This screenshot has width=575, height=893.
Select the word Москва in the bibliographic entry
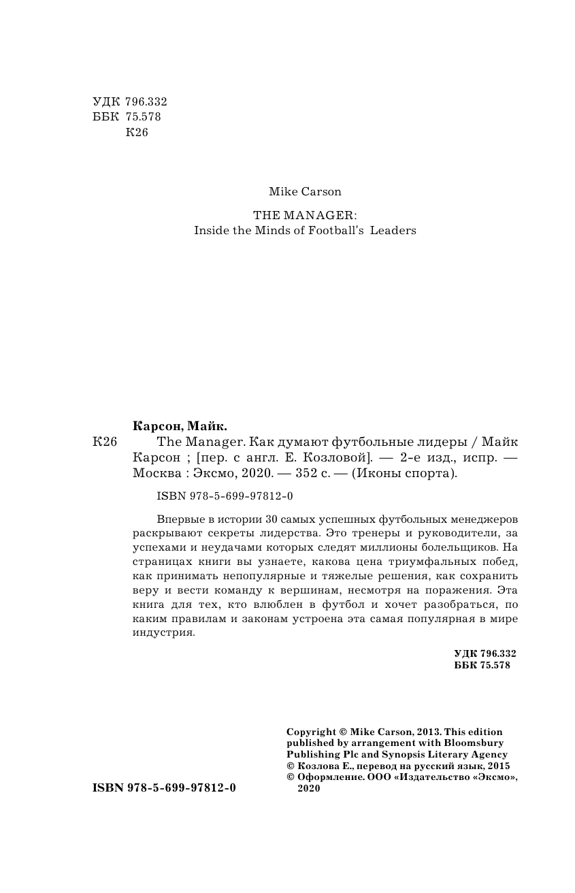click(x=151, y=473)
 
